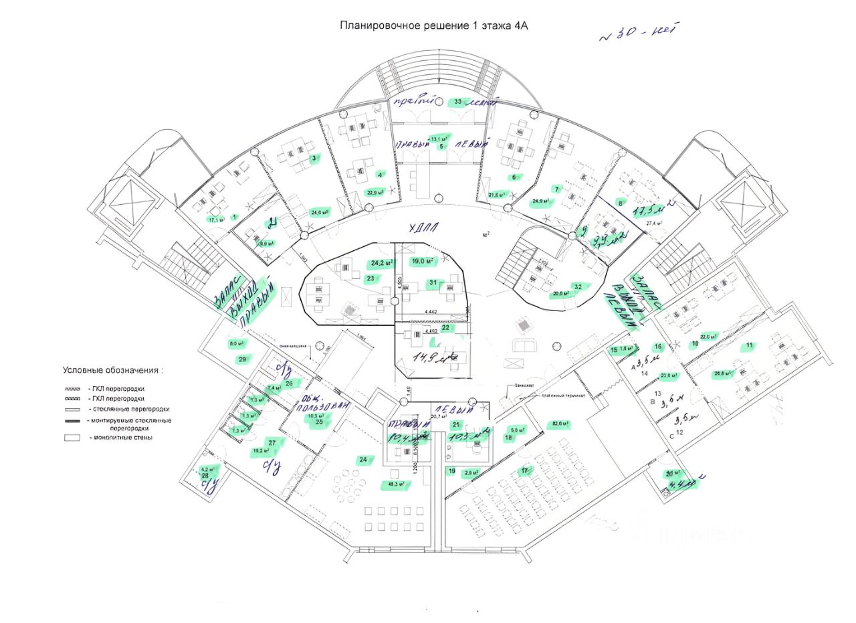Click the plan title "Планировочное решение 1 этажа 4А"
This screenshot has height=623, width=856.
[434, 26]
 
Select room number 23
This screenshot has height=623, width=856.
[370, 278]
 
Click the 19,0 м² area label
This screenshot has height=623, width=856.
[423, 261]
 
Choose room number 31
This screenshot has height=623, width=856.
[433, 283]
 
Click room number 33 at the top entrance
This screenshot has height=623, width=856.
[459, 102]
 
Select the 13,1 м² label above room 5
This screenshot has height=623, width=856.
[438, 139]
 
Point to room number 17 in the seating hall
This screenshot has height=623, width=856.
[526, 470]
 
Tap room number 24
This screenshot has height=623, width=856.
[363, 460]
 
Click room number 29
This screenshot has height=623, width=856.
[242, 359]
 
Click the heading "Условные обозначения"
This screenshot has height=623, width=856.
[113, 369]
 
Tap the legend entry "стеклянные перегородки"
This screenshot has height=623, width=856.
[128, 408]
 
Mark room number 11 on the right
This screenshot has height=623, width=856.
[750, 345]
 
